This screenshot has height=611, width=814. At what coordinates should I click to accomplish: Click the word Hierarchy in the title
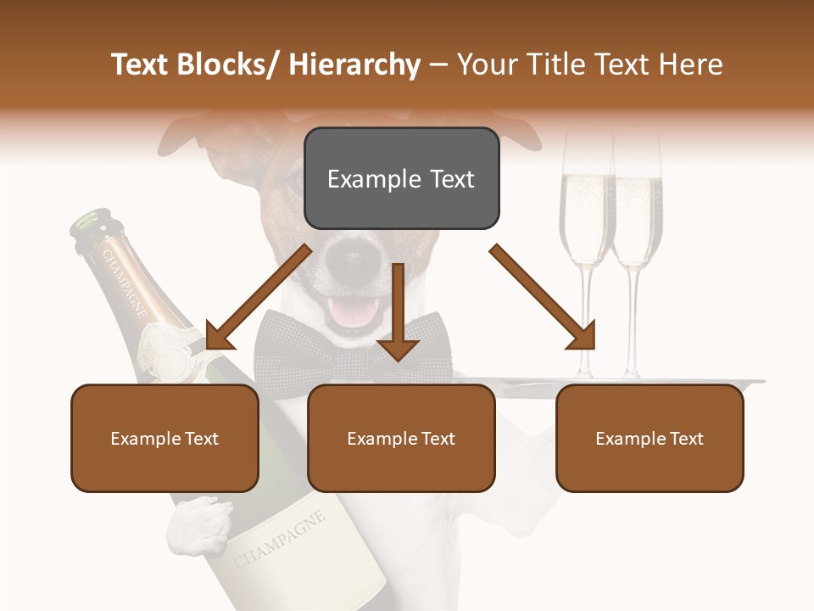coord(354,64)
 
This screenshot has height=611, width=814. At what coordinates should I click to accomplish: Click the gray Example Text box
coord(401,178)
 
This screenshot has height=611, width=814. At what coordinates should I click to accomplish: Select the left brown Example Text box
coord(164,438)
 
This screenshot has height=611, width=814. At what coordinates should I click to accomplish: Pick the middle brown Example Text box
coord(401,438)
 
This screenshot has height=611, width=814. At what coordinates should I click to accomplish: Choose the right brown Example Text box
coord(650,438)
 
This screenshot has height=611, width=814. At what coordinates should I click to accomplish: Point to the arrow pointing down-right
coord(543,297)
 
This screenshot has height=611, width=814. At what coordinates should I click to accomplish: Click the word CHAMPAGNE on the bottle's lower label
coord(279,541)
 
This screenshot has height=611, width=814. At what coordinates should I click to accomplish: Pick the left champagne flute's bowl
coord(585,212)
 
